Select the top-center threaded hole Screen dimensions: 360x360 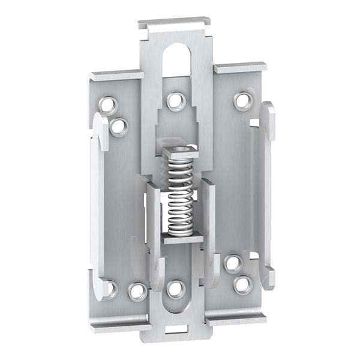(x=175, y=100)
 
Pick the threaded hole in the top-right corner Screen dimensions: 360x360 (x=243, y=100)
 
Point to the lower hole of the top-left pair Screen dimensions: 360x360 (x=118, y=126)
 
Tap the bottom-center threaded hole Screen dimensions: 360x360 (x=175, y=289)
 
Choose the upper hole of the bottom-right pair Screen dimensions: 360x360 (x=233, y=263)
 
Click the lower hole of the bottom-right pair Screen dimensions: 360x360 (x=243, y=284)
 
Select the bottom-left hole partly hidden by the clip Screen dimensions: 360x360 (x=110, y=289)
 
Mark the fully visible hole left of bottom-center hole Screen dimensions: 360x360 (x=137, y=292)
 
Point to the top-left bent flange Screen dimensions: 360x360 (x=116, y=76)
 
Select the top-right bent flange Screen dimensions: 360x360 (x=240, y=67)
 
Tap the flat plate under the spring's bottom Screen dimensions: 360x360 (x=182, y=239)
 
